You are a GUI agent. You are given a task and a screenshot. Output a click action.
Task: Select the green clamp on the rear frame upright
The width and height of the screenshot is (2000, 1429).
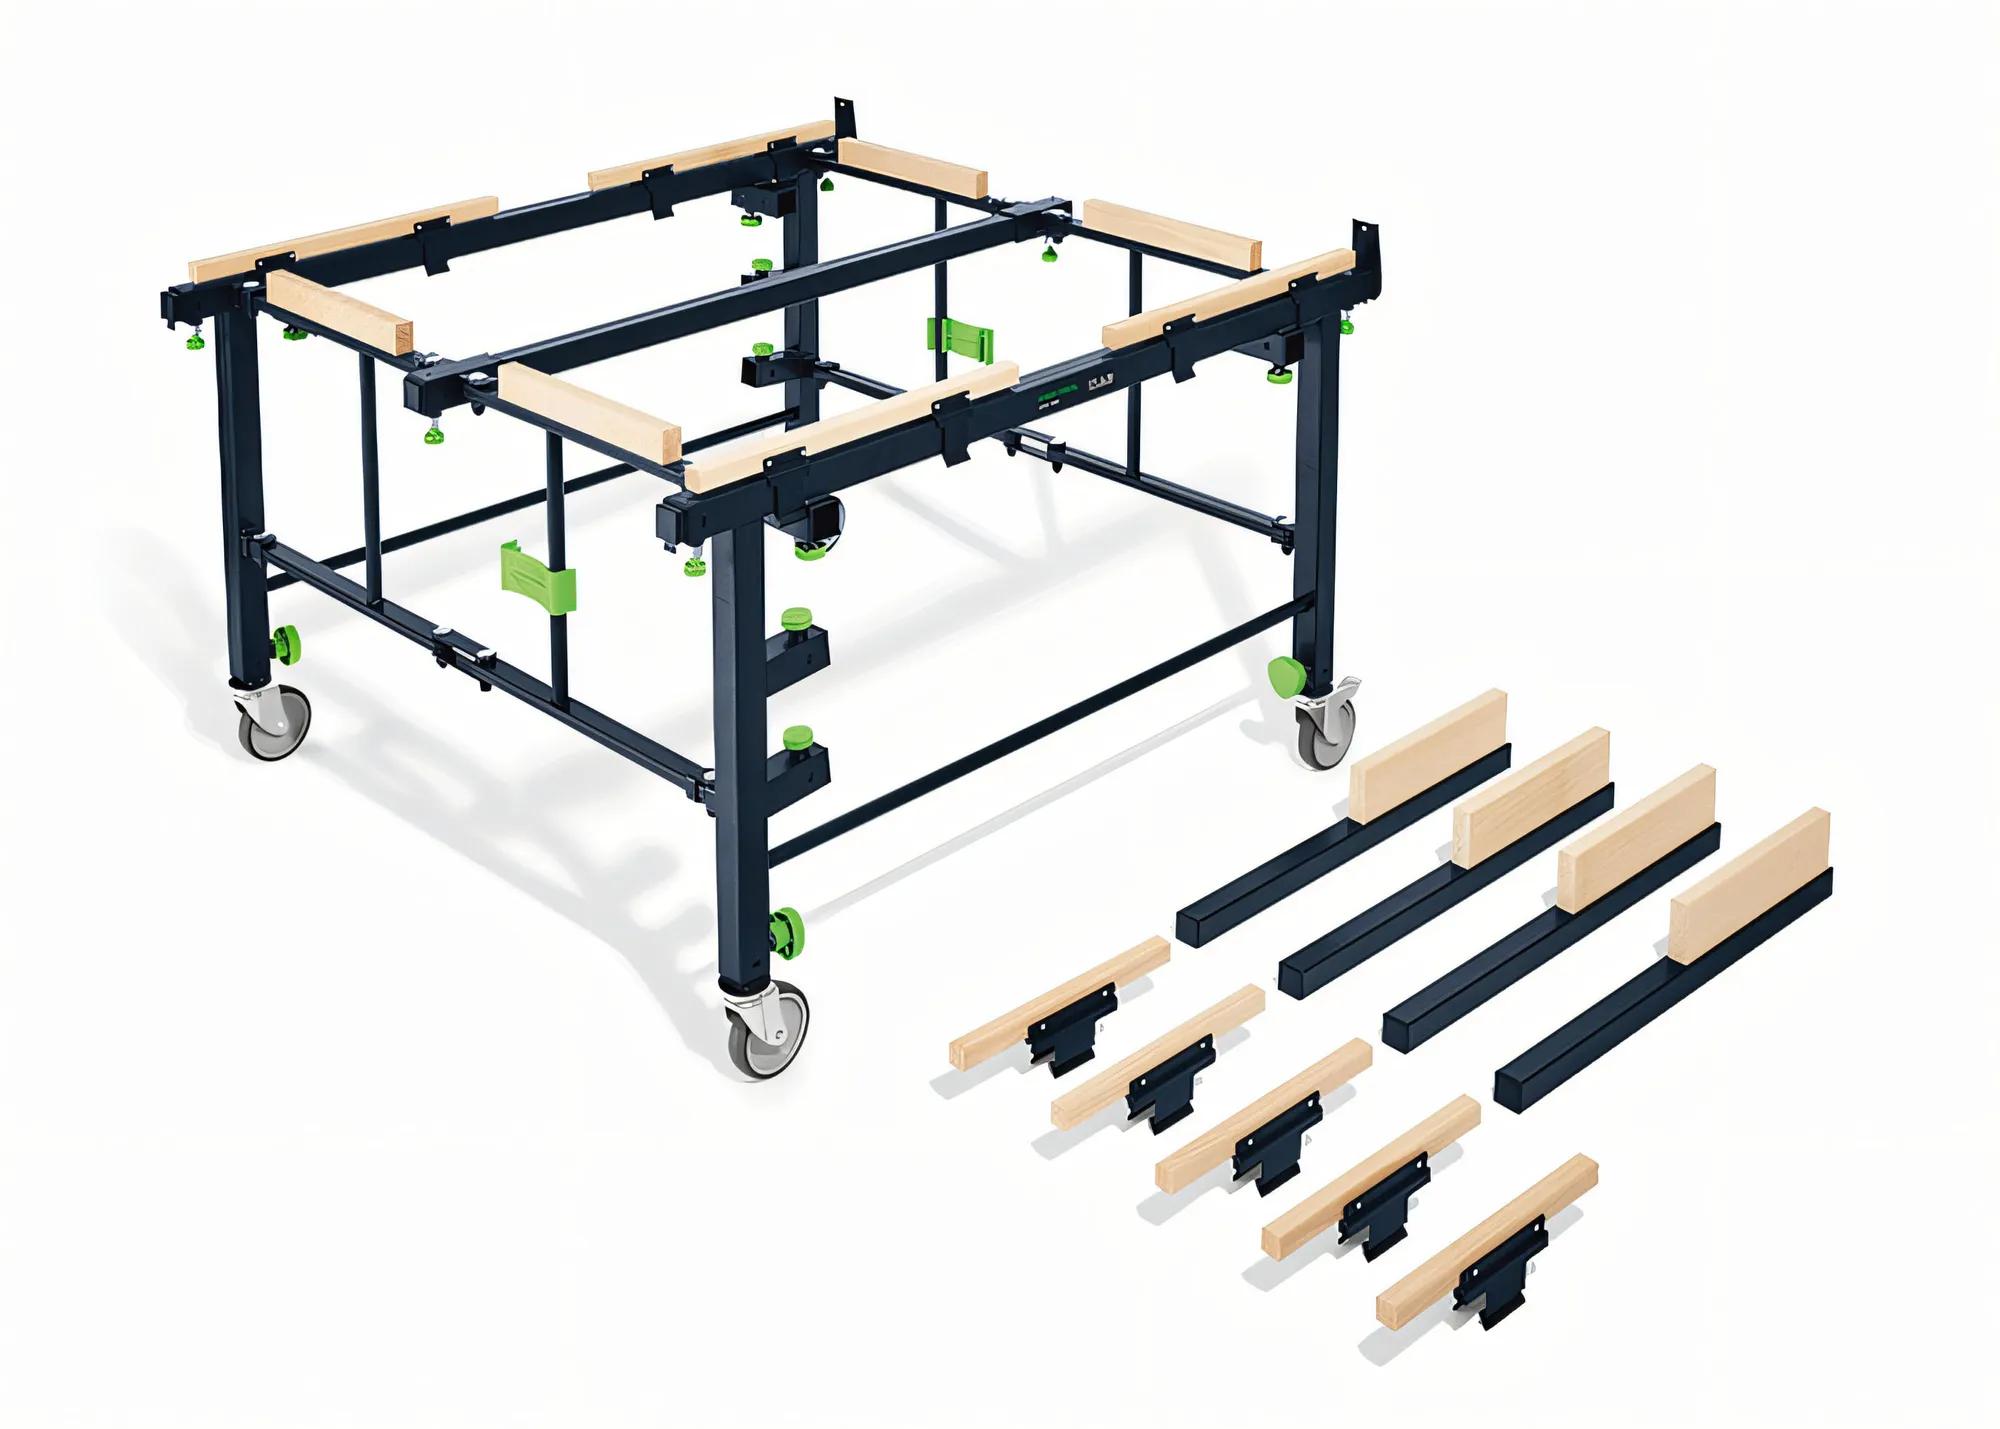coord(961,342)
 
